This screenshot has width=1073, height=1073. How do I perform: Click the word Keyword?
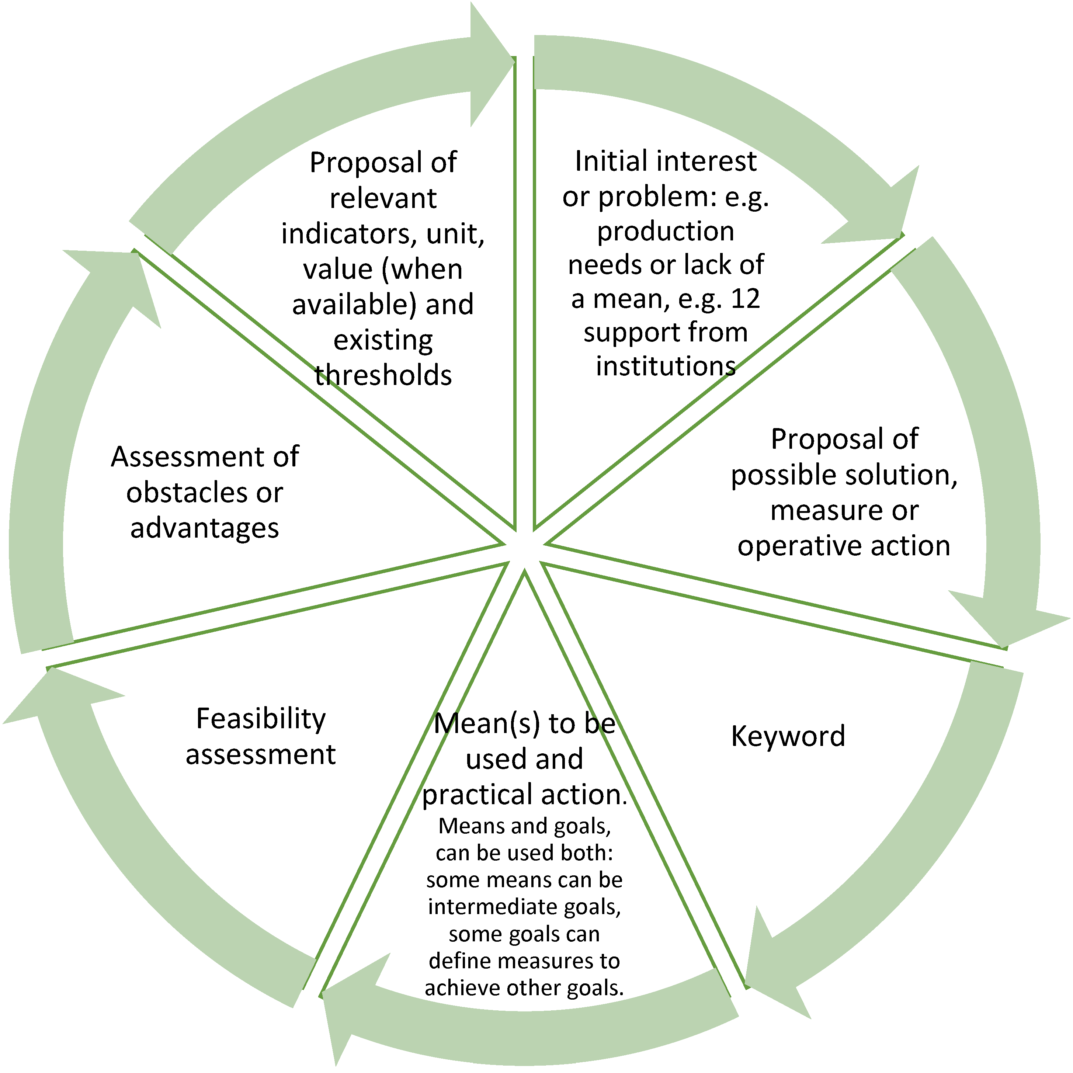click(788, 736)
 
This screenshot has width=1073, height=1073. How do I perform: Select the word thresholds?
click(383, 375)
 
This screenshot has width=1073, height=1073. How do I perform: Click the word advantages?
click(204, 528)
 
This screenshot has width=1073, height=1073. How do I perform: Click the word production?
click(665, 231)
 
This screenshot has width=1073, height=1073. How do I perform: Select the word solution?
click(900, 475)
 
